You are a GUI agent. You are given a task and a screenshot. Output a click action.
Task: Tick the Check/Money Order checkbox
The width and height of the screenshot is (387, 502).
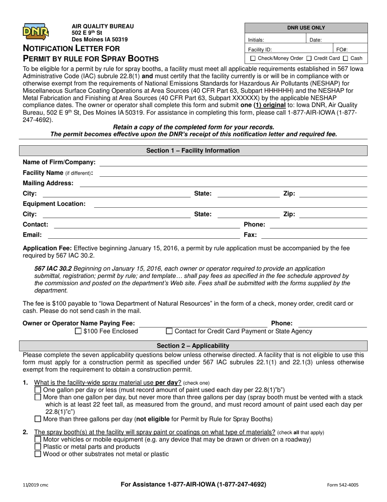pyautogui.click(x=253, y=58)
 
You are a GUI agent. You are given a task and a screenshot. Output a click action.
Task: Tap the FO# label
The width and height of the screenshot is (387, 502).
pyautogui.click(x=342, y=49)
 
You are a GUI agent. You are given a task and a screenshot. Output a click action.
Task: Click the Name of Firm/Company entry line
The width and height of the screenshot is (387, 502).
pyautogui.click(x=233, y=165)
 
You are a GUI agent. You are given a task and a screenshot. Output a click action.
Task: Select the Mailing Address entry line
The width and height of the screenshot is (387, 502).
pyautogui.click(x=223, y=186)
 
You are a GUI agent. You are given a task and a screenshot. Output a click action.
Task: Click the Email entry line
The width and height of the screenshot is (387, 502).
pyautogui.click(x=143, y=238)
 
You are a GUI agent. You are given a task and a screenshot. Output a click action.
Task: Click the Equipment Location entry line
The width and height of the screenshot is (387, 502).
pyautogui.click(x=231, y=207)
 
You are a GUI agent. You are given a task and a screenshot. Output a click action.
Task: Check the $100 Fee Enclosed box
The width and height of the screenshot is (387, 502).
pyautogui.click(x=79, y=331)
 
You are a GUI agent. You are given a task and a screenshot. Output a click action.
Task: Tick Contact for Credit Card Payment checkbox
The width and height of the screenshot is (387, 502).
pyautogui.click(x=169, y=331)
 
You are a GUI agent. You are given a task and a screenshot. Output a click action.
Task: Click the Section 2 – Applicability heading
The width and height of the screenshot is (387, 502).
pyautogui.click(x=193, y=346)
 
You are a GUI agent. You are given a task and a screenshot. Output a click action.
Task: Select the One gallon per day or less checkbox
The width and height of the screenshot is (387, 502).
pyautogui.click(x=38, y=390)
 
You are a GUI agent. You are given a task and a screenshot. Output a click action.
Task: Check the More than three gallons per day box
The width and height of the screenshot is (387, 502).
pyautogui.click(x=38, y=419)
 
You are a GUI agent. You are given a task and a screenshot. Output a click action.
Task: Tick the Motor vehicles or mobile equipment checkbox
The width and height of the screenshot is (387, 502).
pyautogui.click(x=38, y=440)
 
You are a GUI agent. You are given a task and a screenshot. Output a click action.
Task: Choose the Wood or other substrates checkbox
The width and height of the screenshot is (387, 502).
pyautogui.click(x=38, y=454)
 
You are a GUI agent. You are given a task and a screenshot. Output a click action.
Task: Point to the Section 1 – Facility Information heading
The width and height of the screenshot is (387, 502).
pyautogui.click(x=193, y=151)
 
